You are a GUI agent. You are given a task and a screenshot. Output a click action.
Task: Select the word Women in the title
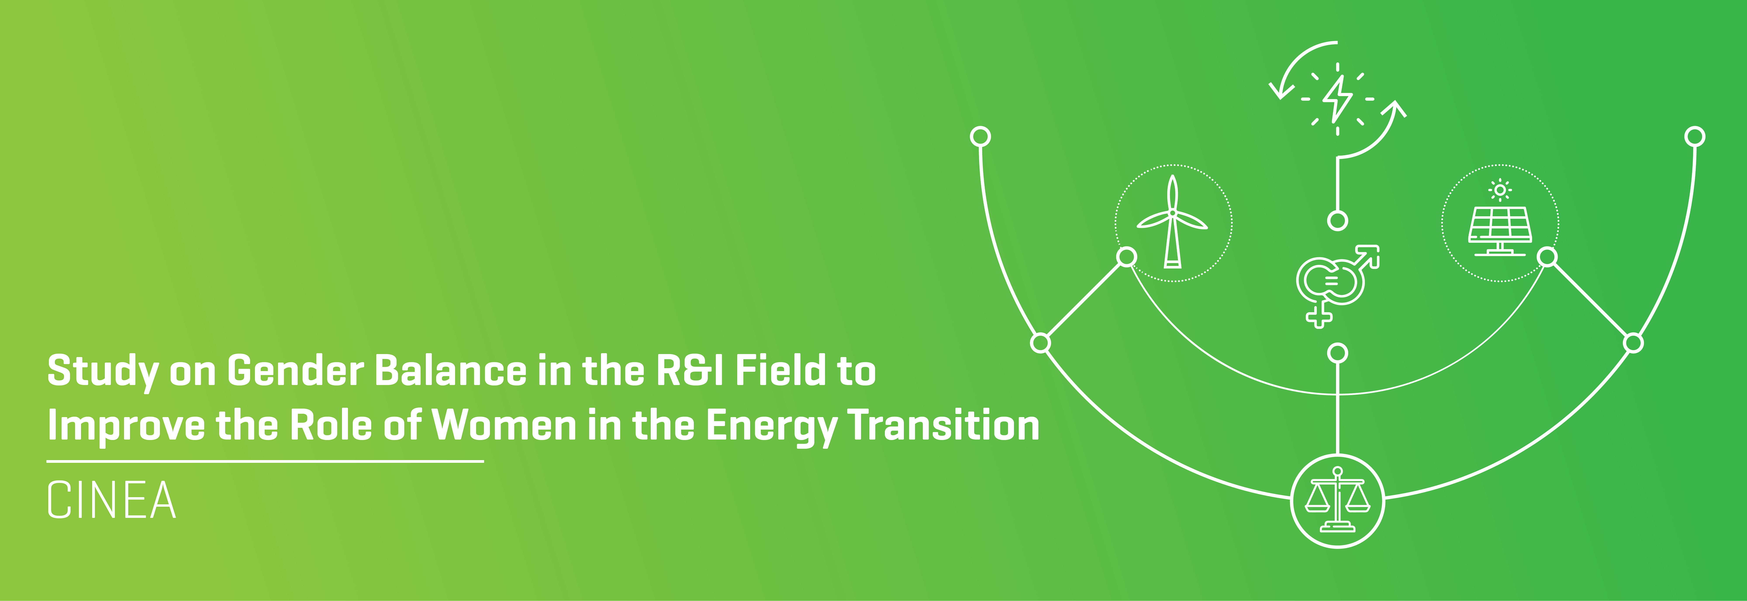(504, 426)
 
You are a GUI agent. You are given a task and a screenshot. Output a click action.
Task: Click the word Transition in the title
(944, 426)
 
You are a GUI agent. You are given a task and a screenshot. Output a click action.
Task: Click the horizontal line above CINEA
(265, 461)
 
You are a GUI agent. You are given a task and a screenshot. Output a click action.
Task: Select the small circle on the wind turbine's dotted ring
(1126, 257)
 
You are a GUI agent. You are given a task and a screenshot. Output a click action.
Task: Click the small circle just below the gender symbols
(1337, 353)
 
